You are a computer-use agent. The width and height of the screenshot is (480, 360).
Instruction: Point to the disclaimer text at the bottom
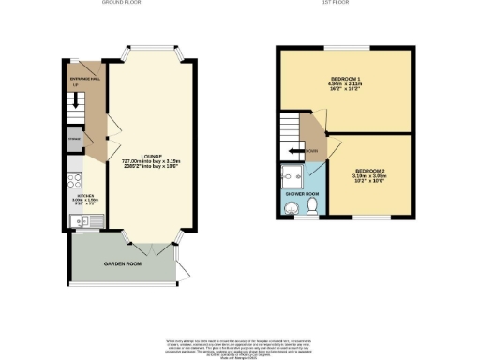pyautogui.click(x=238, y=345)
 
